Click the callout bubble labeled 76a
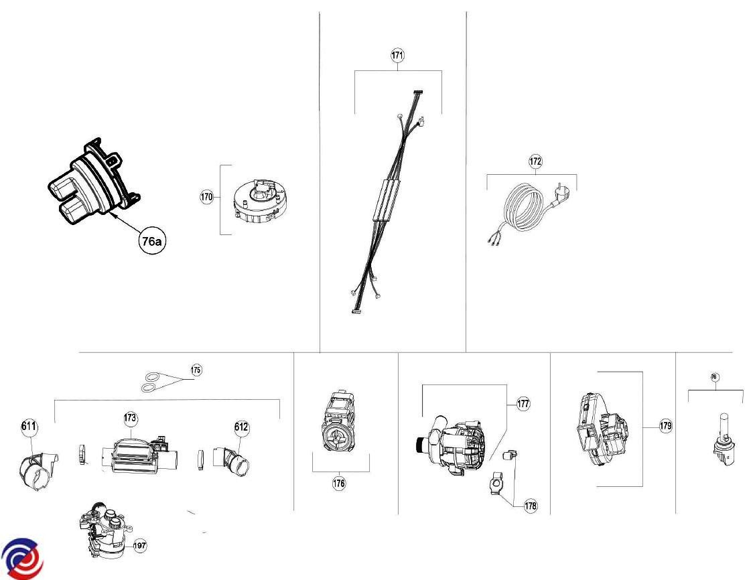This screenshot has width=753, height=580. tap(151, 242)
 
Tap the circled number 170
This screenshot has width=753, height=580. tap(206, 197)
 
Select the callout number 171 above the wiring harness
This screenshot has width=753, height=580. tap(398, 56)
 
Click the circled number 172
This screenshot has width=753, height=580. tap(535, 161)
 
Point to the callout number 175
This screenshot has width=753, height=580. tap(196, 370)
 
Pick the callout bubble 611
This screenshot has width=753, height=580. tap(29, 427)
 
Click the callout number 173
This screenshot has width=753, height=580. tap(130, 419)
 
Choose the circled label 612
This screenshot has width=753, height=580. tap(241, 427)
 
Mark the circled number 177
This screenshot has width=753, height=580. tap(523, 404)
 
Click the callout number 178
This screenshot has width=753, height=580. tap(531, 506)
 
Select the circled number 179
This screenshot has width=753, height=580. tap(665, 426)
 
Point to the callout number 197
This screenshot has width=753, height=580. tap(139, 546)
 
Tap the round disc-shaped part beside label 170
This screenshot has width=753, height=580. tap(258, 200)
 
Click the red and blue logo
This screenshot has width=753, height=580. tap(21, 557)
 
